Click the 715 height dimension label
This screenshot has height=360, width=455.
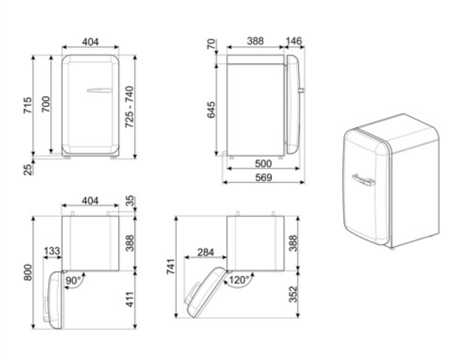coord(27,105)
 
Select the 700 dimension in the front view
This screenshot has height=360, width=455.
coord(46,104)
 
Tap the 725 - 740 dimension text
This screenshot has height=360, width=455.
coord(129,107)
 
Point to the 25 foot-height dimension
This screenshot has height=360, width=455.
coord(27,169)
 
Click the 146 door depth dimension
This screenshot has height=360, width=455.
coord(294,41)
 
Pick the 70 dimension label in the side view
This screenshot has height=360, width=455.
coord(212,44)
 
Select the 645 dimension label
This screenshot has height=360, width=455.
coord(211,109)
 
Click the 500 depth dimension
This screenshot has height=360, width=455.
coord(264,164)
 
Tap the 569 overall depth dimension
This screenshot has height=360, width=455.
coord(264,177)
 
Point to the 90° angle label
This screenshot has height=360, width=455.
coord(73,280)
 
